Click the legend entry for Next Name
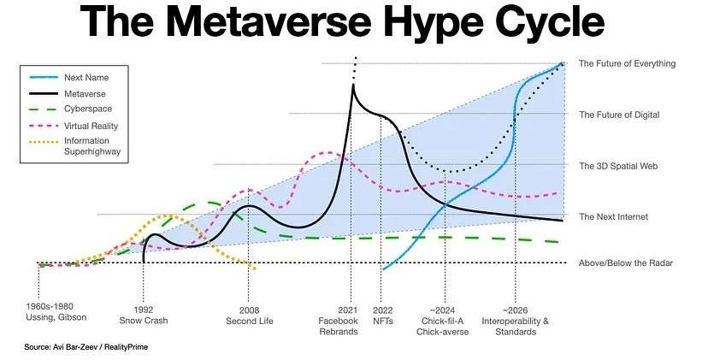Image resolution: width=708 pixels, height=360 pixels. coord(85,75)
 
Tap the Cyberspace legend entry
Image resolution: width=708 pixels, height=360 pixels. coord(87,109)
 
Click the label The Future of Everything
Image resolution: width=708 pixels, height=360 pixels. coord(627,63)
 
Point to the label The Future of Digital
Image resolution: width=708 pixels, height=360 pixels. coord(618,115)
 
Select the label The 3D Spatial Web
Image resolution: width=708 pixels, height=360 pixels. coord(617,165)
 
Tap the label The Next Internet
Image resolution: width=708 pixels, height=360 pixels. coord(613,216)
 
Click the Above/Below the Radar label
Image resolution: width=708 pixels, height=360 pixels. coord(625,263)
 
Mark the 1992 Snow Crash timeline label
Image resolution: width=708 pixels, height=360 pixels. coord(144,315)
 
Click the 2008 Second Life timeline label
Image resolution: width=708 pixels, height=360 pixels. coord(248,315)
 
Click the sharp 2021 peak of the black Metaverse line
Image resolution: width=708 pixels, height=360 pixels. coord(351,84)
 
